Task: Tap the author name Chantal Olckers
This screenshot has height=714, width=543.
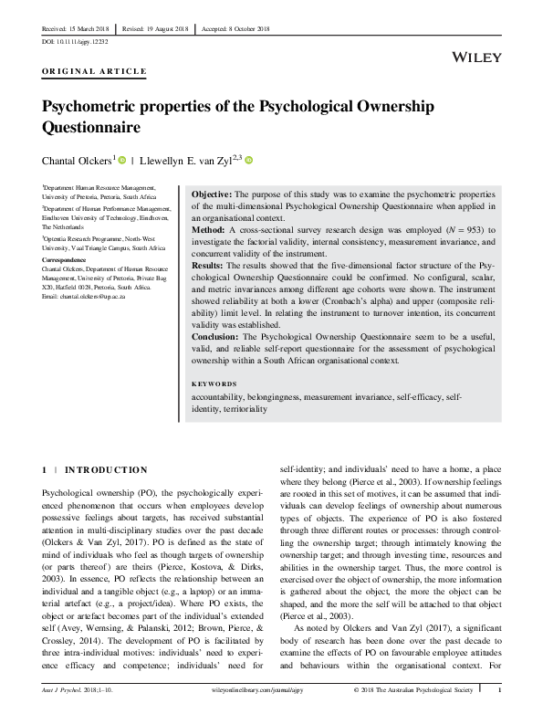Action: tap(77, 160)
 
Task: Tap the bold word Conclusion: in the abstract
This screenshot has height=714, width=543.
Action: tap(217, 335)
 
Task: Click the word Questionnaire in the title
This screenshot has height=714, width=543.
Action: tap(96, 126)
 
